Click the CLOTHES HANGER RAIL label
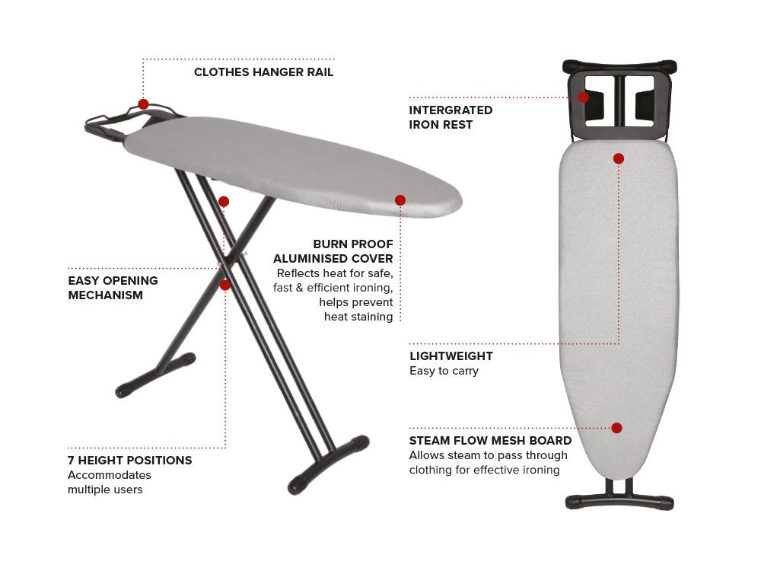263,72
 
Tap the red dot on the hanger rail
143,104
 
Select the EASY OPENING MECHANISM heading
113,288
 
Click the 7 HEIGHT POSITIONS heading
129,461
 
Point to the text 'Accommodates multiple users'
110,482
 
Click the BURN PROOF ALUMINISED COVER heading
333,251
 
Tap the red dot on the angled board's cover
400,200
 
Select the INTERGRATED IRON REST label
451,117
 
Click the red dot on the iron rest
584,97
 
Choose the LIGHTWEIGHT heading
451,356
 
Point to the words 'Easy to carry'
444,371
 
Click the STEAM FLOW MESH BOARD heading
490,441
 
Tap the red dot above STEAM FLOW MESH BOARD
617,428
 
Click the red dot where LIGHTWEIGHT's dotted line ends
618,158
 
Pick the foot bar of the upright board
619,502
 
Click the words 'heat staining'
358,317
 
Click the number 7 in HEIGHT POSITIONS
72,461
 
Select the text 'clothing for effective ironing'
484,470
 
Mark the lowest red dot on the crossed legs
224,285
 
